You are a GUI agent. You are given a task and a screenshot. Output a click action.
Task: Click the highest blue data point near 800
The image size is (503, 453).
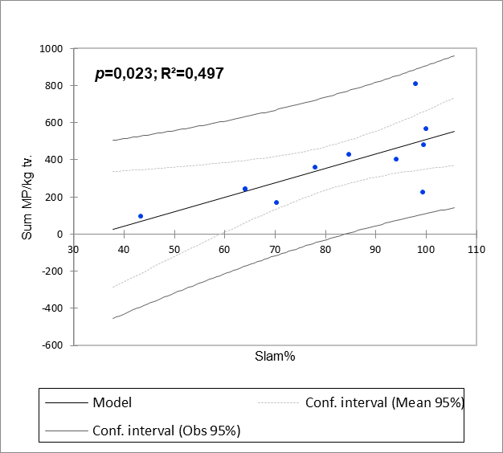coord(415,84)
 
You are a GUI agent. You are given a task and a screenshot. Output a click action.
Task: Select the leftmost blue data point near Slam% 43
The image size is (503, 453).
coord(141,216)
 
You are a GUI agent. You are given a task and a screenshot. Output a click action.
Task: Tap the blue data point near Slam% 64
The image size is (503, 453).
coord(245,189)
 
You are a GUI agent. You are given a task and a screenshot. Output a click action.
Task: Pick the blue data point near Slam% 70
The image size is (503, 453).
coord(276,202)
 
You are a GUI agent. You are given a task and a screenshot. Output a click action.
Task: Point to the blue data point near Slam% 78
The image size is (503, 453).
coord(315,167)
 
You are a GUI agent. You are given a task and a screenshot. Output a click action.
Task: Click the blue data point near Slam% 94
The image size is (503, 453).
coord(396,159)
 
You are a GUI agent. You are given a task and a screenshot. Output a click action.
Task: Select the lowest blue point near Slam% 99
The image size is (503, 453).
coord(423,192)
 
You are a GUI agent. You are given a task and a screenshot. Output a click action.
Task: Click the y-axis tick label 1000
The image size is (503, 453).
coord(51,49)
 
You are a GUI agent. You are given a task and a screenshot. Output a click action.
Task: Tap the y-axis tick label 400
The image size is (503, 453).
coord(54,160)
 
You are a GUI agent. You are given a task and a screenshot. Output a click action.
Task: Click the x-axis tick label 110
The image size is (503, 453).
coord(476,248)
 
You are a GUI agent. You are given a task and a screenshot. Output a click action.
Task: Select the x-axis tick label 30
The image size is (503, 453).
coord(73,248)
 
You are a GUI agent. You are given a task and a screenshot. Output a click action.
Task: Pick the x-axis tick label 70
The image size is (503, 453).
coord(275,248)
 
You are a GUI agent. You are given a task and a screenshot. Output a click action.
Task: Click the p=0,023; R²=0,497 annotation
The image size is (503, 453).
coord(159,73)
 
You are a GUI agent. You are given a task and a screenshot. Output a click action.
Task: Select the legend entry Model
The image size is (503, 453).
coord(112,402)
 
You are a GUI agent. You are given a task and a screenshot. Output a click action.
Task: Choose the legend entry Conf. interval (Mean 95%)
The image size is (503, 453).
coord(385,402)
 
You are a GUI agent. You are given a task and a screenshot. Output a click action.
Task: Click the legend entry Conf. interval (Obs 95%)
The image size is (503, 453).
coord(166,430)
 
